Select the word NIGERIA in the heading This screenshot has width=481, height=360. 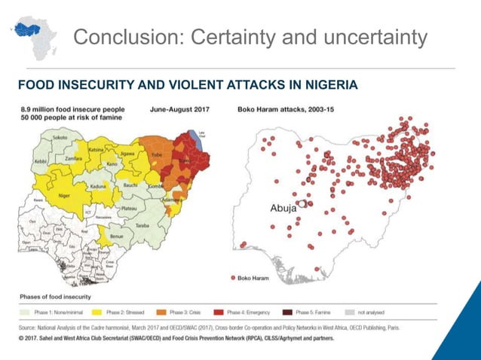(x=320, y=84)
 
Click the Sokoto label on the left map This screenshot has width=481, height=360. (x=60, y=139)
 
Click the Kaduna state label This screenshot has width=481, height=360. (x=98, y=186)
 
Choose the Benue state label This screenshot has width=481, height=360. (x=117, y=236)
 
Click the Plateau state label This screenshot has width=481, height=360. (x=128, y=207)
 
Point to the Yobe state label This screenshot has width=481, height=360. (x=158, y=153)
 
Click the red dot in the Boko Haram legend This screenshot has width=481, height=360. (x=233, y=279)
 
